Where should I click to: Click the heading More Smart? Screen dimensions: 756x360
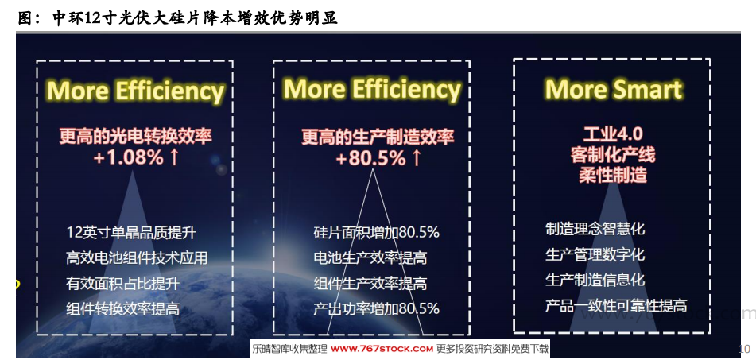(x=613, y=90)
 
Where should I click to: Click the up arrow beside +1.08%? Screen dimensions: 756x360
(x=174, y=157)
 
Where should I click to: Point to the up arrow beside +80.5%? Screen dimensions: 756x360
(x=416, y=157)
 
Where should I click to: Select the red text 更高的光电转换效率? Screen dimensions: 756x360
(x=135, y=137)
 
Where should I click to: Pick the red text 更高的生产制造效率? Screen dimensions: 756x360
(x=378, y=137)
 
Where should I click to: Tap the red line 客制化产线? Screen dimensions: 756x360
(x=613, y=155)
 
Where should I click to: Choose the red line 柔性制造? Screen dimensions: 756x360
(x=613, y=175)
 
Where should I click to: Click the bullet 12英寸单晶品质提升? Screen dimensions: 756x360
(x=131, y=233)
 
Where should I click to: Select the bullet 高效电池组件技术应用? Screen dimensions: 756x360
(x=137, y=257)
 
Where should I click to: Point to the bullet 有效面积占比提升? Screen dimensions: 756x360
(x=122, y=284)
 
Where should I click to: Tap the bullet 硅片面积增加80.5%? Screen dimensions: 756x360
(x=377, y=232)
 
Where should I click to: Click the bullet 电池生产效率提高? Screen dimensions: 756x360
(x=370, y=257)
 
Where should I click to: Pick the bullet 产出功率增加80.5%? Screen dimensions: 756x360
(x=377, y=308)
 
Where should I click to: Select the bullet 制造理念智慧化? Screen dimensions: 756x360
(x=595, y=228)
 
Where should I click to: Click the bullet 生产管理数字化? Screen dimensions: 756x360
(x=595, y=254)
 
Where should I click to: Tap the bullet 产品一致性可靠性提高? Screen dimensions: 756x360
(x=616, y=305)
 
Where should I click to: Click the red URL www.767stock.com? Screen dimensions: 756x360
(x=382, y=349)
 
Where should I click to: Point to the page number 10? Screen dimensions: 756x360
(x=744, y=348)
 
